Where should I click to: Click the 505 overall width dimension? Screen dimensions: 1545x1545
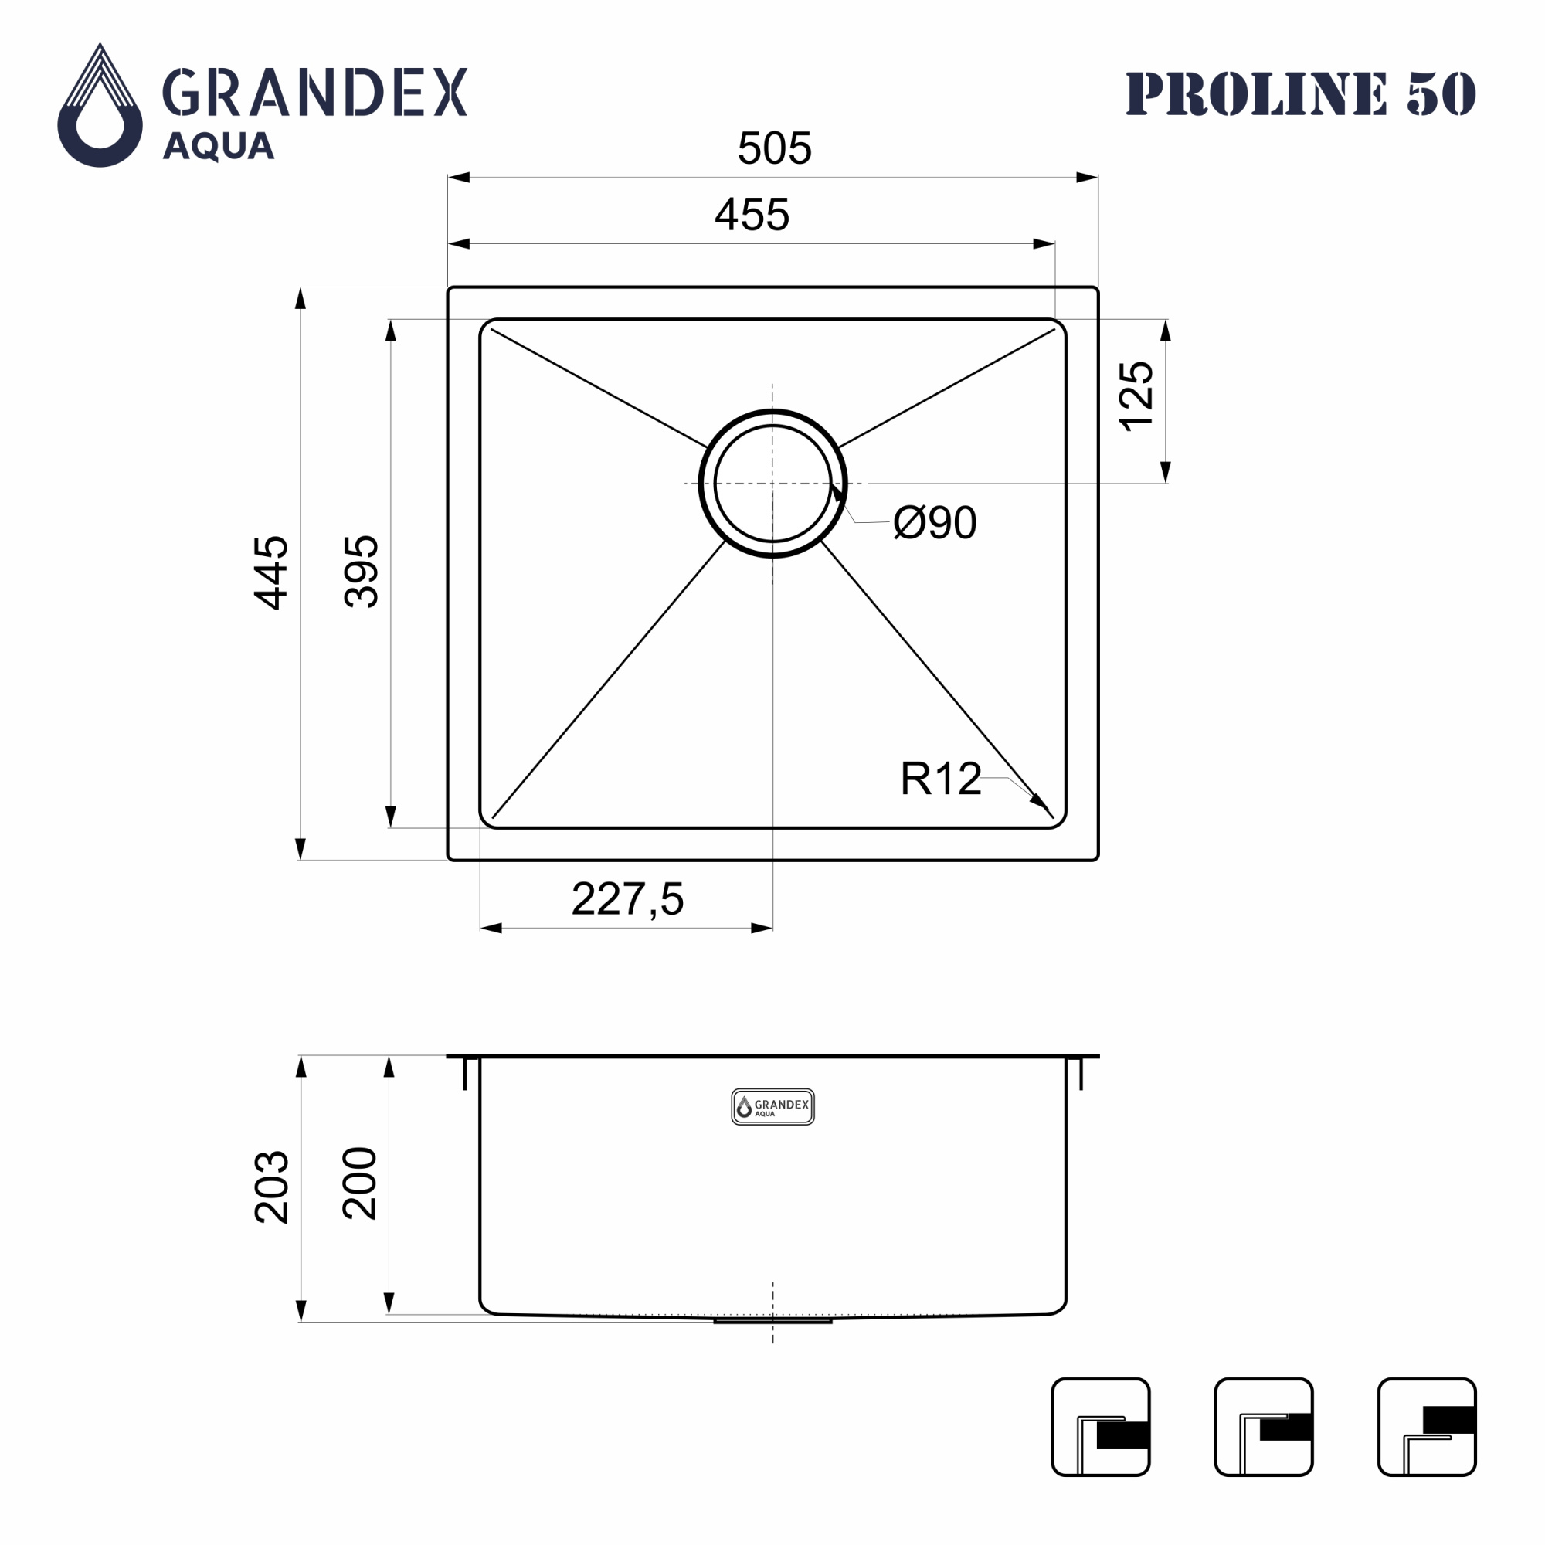pyautogui.click(x=774, y=148)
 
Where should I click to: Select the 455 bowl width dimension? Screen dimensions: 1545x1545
pyautogui.click(x=752, y=214)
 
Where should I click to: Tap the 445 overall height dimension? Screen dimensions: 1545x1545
pyautogui.click(x=271, y=572)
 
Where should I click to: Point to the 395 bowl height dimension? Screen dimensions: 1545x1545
pyautogui.click(x=361, y=572)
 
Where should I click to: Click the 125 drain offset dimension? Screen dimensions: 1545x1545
pyautogui.click(x=1136, y=396)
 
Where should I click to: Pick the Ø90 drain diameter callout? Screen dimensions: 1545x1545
pyautogui.click(x=935, y=522)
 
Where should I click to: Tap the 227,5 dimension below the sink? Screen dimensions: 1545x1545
pyautogui.click(x=628, y=899)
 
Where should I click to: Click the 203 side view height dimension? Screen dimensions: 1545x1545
pyautogui.click(x=271, y=1187)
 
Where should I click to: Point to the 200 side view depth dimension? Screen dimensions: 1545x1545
pyautogui.click(x=360, y=1183)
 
